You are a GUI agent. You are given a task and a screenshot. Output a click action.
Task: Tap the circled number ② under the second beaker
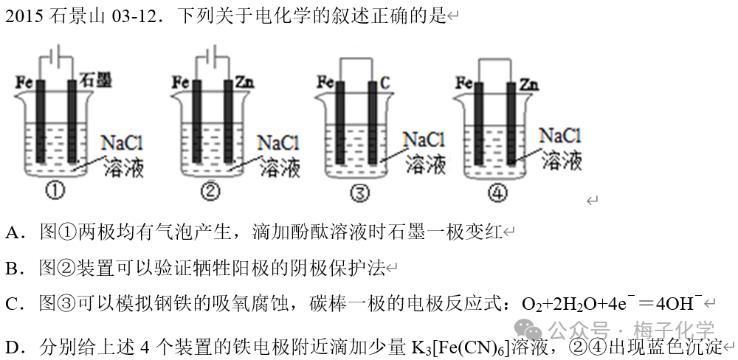[x=210, y=192]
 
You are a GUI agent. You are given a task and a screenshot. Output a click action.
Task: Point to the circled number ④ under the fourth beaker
[x=499, y=193]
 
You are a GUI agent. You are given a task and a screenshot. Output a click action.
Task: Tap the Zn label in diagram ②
[x=246, y=81]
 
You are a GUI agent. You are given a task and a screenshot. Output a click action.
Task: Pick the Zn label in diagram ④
[x=528, y=83]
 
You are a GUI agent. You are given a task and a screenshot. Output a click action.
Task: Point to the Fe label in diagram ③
[x=324, y=81]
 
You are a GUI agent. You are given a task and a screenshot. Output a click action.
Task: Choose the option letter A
[x=13, y=234]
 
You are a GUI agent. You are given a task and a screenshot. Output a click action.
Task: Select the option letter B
[x=13, y=268]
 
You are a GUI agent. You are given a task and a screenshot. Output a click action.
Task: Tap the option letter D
[x=13, y=347]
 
